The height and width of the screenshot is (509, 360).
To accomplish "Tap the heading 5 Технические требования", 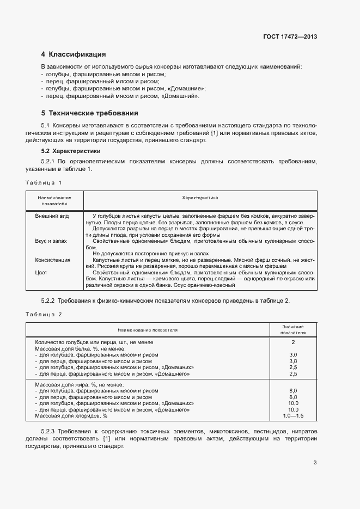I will pyautogui.click(x=89, y=113).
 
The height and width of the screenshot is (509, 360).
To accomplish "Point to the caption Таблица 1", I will pyautogui.click(x=44, y=182).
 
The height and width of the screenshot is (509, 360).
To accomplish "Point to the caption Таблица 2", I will pyautogui.click(x=44, y=314).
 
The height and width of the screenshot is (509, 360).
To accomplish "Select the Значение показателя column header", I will pyautogui.click(x=293, y=329).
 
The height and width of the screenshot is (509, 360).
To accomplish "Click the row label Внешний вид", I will pyautogui.click(x=52, y=216).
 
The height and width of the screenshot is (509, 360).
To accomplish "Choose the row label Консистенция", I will pyautogui.click(x=53, y=260).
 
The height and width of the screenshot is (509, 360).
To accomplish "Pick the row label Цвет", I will pyautogui.click(x=41, y=272).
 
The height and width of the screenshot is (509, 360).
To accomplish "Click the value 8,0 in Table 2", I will pyautogui.click(x=293, y=391).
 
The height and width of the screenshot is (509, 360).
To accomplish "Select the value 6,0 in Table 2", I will pyautogui.click(x=293, y=397).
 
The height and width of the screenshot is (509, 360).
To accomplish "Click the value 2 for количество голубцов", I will pyautogui.click(x=293, y=342).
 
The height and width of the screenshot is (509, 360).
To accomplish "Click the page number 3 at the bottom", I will pyautogui.click(x=315, y=463).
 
